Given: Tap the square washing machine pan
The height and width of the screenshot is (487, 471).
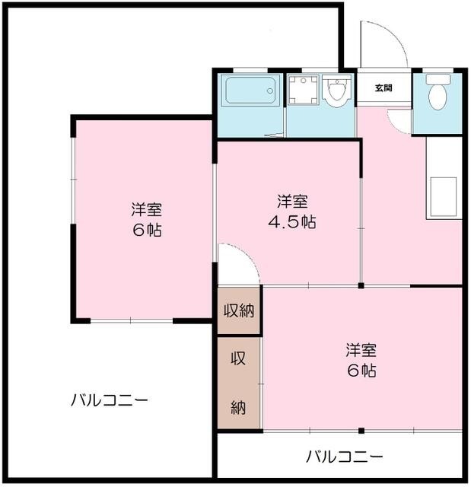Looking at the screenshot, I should click(304, 91).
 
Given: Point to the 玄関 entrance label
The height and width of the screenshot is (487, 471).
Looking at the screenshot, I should click(383, 88).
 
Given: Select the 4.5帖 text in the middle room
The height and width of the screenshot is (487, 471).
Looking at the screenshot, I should click(292, 222).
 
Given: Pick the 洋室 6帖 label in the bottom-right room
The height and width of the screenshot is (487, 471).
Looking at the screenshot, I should click(361, 361).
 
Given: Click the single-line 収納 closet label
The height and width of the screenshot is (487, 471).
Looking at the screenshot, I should click(238, 311).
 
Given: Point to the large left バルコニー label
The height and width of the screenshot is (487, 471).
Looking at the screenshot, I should click(110, 399).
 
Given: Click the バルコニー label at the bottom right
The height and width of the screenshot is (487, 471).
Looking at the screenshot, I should click(345, 457).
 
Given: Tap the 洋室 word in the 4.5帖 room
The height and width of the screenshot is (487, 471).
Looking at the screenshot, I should click(292, 202).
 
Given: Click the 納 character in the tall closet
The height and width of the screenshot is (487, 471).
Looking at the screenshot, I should click(238, 408).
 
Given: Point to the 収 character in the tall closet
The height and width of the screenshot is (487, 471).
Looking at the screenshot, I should click(238, 359).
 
